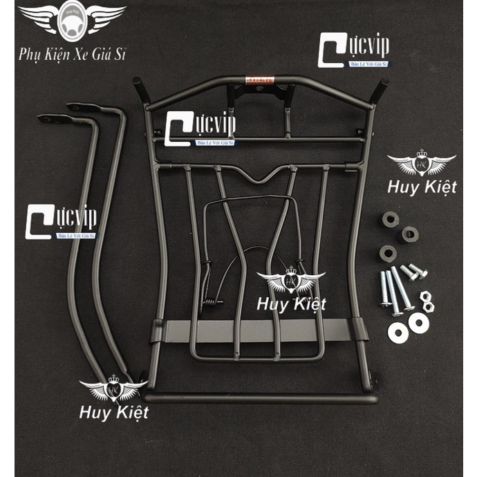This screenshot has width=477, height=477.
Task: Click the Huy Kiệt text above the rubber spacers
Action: [421, 187]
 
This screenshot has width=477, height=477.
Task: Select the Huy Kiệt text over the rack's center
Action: [291, 302]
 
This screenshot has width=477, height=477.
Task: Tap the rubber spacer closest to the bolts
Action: [388, 253]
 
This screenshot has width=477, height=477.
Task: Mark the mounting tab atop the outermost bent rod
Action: [47, 118]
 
